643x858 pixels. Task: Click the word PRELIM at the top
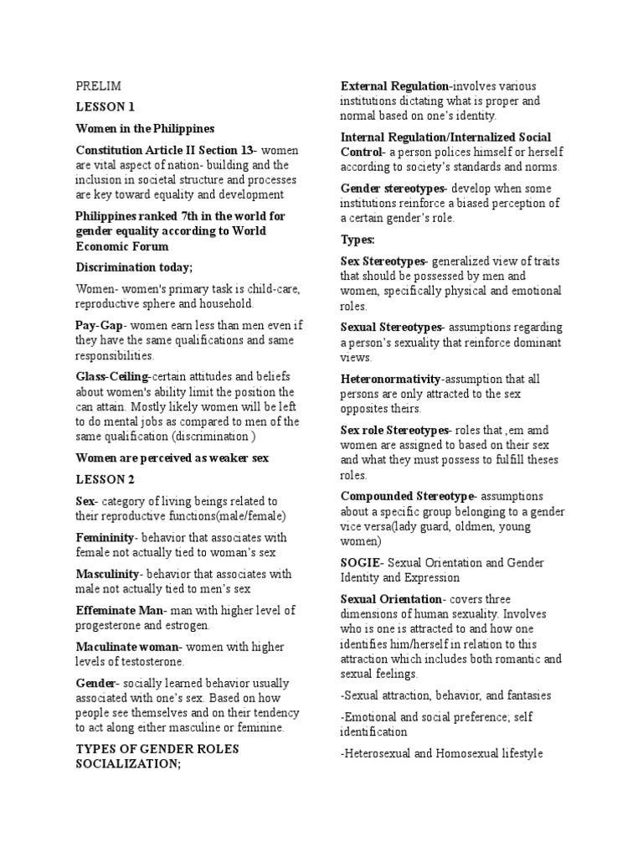[x=98, y=86]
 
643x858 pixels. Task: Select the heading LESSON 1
[x=105, y=107]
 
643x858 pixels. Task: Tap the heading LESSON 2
[x=105, y=479]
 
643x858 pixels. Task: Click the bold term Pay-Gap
[x=100, y=325]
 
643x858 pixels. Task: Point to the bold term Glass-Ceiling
[x=111, y=377]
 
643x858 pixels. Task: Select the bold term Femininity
[x=105, y=537]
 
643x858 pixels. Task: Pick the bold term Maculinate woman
[x=127, y=648]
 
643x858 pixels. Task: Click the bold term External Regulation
[x=394, y=86]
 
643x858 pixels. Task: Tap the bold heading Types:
[x=358, y=240]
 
